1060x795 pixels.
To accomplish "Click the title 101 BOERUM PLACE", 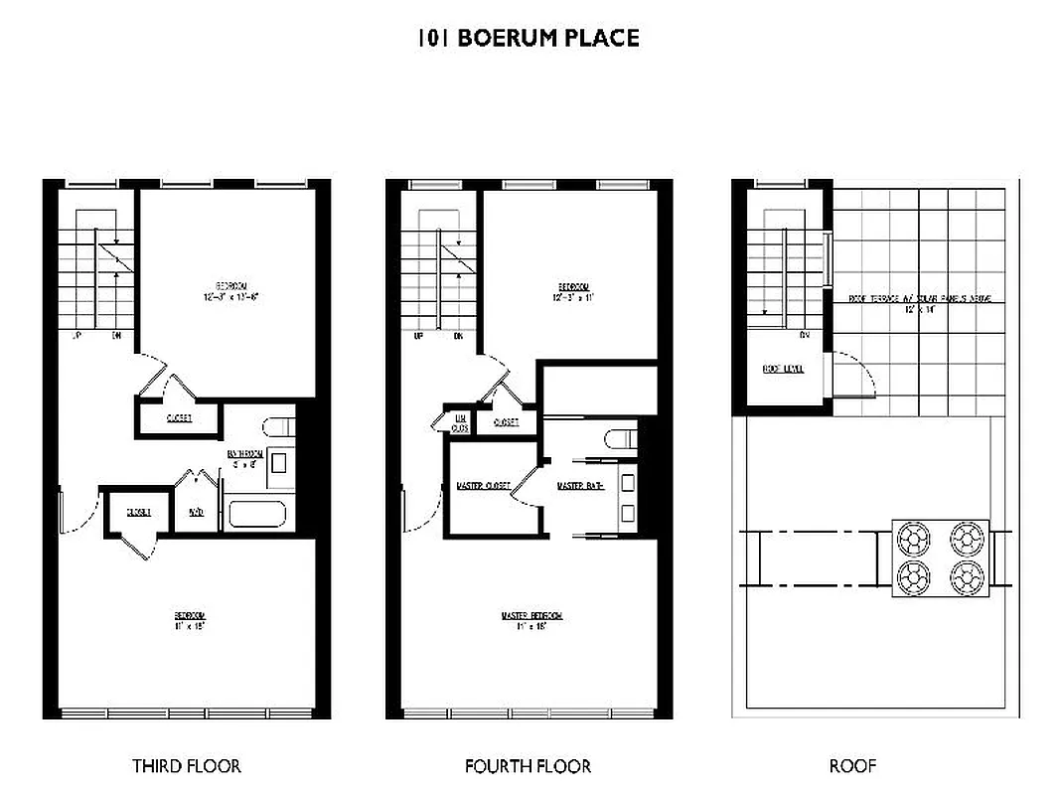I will click(x=528, y=39).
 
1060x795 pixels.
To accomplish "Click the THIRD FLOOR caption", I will click(x=187, y=766).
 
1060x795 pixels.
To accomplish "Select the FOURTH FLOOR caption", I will click(x=528, y=766).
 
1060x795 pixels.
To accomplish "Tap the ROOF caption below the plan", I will click(x=852, y=766).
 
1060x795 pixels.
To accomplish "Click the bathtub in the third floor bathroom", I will click(x=257, y=515).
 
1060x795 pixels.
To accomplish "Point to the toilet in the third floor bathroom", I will click(x=278, y=428).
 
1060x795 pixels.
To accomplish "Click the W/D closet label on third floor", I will click(x=196, y=513).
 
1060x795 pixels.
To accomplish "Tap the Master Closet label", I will click(x=483, y=486).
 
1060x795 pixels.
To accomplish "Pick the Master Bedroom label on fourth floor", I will click(x=531, y=616).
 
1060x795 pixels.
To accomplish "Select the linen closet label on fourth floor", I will click(x=460, y=422).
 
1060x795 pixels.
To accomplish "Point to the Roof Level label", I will click(x=783, y=369).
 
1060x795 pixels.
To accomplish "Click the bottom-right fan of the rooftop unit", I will click(x=965, y=574).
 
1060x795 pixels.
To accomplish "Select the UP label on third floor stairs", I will click(x=76, y=336).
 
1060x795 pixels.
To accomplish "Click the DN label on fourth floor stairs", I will click(x=458, y=336).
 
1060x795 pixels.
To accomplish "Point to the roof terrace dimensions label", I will click(x=919, y=309).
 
